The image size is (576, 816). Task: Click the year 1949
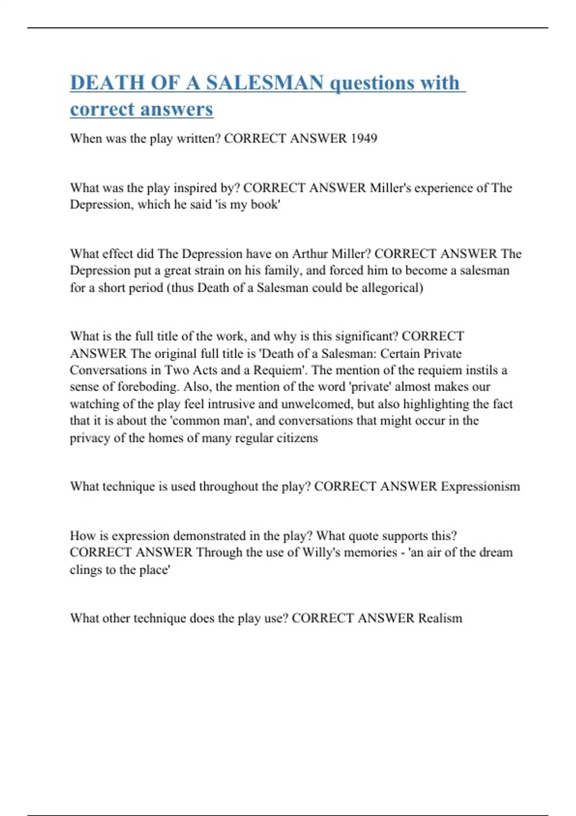point(363,138)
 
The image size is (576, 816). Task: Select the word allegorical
point(392,288)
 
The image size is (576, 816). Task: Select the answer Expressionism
point(480,486)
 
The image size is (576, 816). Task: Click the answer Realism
point(440,618)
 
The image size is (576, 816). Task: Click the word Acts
point(205,370)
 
